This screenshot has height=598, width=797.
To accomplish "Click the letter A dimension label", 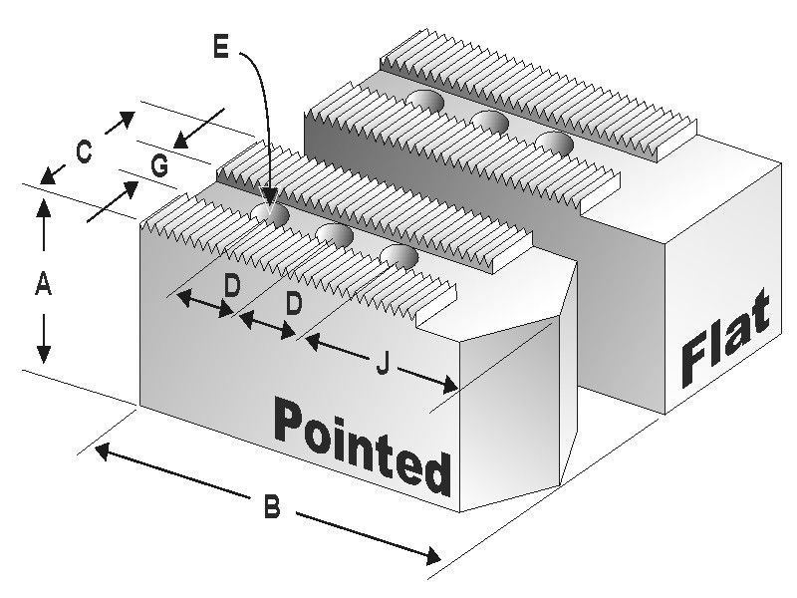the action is (x=43, y=283).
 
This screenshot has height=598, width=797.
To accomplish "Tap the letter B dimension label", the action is (x=272, y=506).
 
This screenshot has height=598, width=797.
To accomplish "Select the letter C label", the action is (x=84, y=152).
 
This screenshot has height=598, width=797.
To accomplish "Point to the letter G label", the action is (x=159, y=165).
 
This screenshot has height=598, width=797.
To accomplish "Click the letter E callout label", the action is (x=220, y=48).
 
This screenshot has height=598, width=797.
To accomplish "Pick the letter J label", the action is (x=383, y=364).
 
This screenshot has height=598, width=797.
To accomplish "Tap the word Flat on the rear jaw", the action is (x=725, y=338).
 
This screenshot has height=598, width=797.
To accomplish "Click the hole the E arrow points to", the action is (x=271, y=215).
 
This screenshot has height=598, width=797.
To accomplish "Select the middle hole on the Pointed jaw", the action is (x=335, y=235).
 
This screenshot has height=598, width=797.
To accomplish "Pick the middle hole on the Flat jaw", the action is (x=490, y=122).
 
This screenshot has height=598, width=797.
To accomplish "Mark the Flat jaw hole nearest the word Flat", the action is (x=555, y=143).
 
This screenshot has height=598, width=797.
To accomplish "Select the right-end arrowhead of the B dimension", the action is (x=431, y=557).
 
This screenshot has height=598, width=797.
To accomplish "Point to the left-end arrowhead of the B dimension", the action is (x=103, y=450).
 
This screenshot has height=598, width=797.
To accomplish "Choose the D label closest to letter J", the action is (x=293, y=304).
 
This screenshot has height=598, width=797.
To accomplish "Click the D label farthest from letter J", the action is (x=232, y=286).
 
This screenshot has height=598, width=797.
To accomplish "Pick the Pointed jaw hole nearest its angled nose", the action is (x=399, y=257).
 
